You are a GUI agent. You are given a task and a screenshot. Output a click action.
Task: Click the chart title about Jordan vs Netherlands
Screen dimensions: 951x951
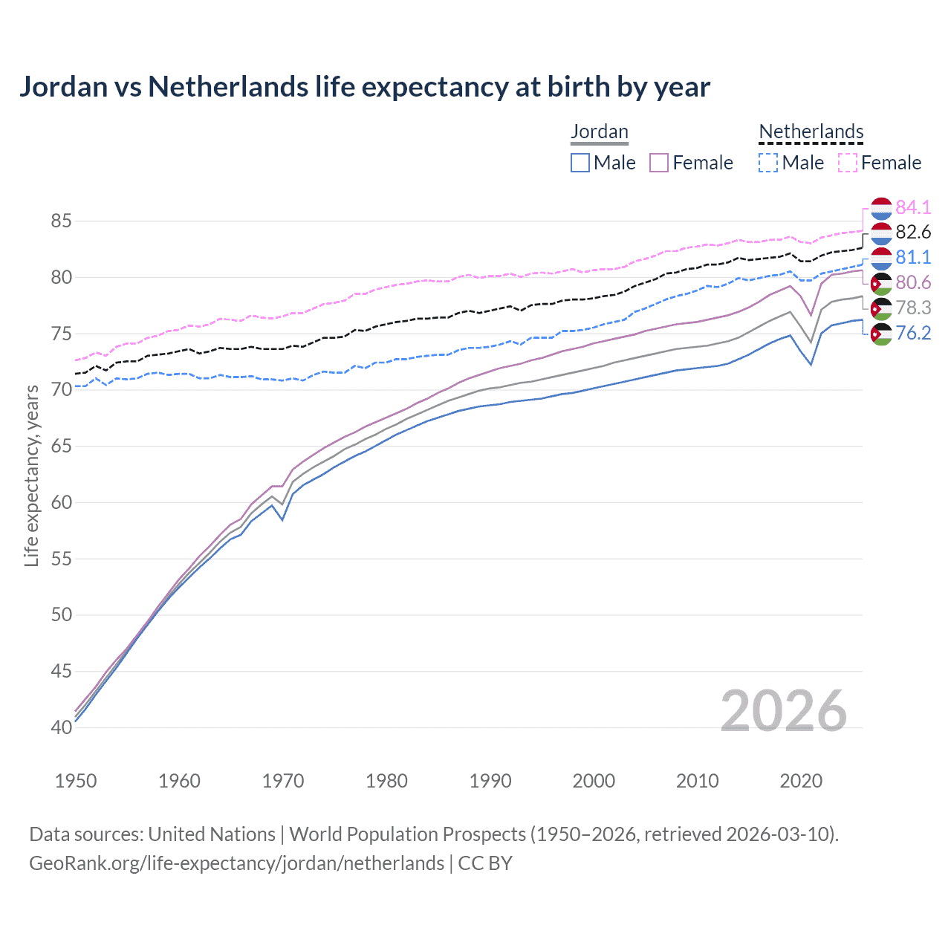coord(364,87)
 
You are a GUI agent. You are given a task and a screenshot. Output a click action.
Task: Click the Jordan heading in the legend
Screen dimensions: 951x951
coord(599,132)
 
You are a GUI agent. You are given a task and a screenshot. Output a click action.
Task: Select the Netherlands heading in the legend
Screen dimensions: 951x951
coord(811,132)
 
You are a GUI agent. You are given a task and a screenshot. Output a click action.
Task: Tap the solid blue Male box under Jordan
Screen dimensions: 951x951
coord(580,163)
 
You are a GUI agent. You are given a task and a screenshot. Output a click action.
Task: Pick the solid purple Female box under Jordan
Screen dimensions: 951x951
coord(659,163)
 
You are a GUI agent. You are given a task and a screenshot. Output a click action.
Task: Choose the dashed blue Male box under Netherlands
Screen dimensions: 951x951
coord(768,163)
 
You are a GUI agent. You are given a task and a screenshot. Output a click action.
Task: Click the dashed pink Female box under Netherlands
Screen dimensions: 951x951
coord(847,163)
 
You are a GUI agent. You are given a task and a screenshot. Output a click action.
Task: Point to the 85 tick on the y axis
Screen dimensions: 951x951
coord(61,221)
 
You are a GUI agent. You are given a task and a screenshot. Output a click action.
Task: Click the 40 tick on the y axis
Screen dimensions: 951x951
coord(61,727)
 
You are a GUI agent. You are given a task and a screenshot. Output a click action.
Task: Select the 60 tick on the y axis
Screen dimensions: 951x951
coord(61,502)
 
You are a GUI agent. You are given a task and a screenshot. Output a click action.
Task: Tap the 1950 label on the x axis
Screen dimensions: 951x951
coord(76,781)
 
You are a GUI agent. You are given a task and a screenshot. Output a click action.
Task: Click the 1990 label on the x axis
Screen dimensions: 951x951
coord(490,781)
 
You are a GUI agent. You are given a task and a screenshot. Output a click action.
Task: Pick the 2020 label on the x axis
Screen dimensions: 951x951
coord(801,781)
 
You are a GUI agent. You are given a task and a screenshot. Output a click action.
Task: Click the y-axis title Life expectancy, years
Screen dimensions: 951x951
coord(31,475)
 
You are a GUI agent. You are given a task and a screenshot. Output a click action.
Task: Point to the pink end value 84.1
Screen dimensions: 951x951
coord(913,207)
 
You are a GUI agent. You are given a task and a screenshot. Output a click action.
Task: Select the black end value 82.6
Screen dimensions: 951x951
coord(913,233)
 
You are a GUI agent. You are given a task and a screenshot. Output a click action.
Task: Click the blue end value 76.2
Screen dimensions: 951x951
coord(913,333)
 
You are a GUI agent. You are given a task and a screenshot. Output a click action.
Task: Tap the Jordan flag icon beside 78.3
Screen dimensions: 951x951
coord(881,308)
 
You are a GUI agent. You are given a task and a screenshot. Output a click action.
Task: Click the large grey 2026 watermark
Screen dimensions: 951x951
coord(783,711)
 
